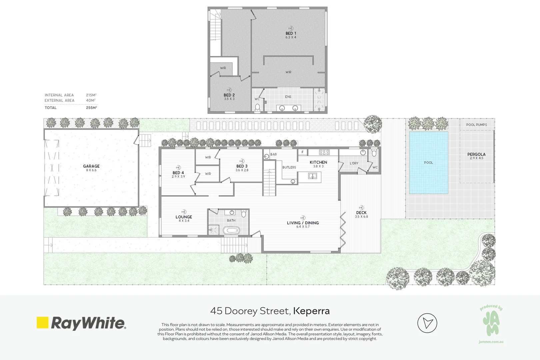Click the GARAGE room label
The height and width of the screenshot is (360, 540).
point(91,166)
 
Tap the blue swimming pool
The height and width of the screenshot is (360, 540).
point(428,163)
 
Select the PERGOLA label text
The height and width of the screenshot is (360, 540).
point(476,154)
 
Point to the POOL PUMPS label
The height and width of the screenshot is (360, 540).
point(476,125)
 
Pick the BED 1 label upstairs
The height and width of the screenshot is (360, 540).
point(291,33)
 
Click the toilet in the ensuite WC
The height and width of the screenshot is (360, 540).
point(257,107)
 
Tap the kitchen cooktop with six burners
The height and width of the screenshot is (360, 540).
point(324,152)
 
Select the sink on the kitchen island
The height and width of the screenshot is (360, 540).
point(312,176)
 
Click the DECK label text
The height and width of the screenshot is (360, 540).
point(361,213)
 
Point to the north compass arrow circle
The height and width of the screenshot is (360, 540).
point(427,323)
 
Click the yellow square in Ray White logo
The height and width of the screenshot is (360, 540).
point(43,322)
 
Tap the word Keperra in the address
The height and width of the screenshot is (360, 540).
point(311,311)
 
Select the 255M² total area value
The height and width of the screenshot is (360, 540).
point(91,108)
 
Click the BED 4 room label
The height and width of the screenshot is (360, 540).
point(178,173)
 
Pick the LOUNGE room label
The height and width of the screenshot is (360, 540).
point(184,217)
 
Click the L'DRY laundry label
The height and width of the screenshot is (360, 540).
point(354,163)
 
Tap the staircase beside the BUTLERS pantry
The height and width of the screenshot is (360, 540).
point(269,178)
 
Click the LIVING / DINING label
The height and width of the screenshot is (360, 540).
point(303,223)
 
